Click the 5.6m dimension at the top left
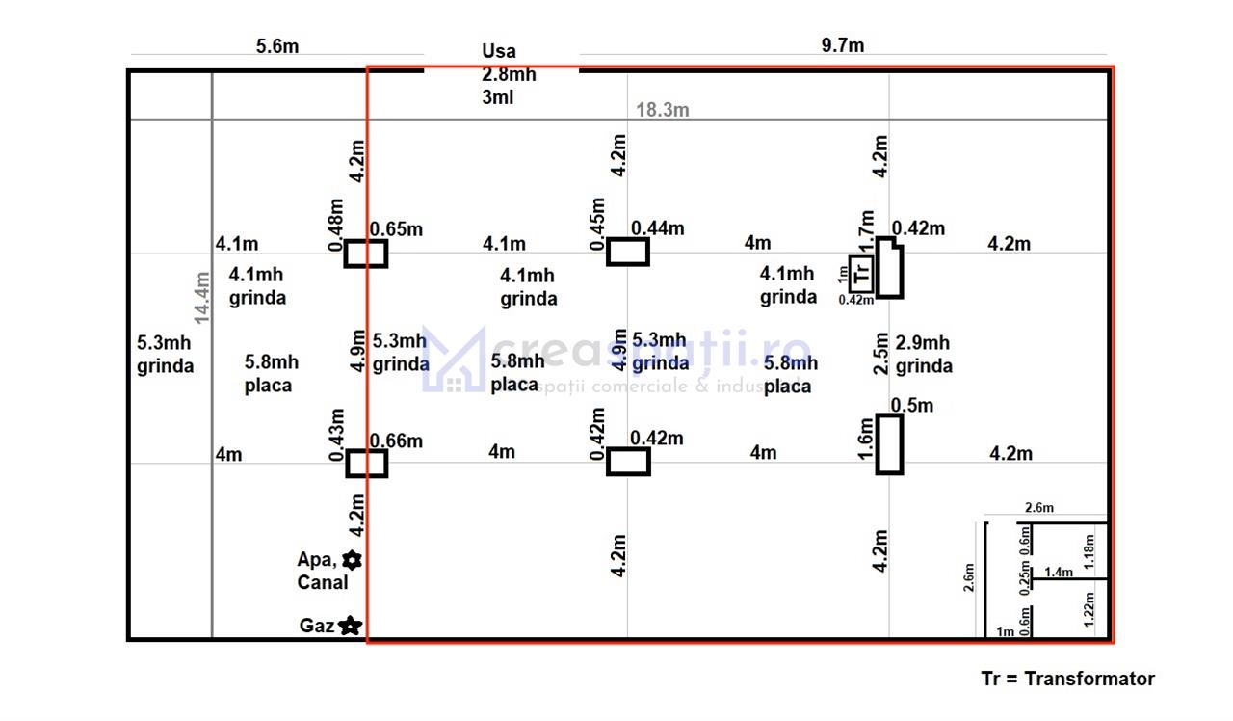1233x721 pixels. (x=276, y=45)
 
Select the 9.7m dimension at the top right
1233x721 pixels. (x=843, y=45)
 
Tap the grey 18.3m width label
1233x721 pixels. (x=662, y=110)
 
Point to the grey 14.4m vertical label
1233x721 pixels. (x=201, y=296)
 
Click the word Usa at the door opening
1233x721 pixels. (x=499, y=51)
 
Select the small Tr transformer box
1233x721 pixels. (x=861, y=274)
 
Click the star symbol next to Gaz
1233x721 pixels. (x=350, y=626)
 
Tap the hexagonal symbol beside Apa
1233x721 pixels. (x=353, y=559)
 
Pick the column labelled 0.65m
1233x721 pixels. (x=366, y=254)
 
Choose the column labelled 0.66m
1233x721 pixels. (x=366, y=464)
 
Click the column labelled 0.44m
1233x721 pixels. (x=627, y=253)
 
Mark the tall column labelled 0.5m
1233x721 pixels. (x=889, y=443)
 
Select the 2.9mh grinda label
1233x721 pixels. (x=923, y=354)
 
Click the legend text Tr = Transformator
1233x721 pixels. (x=1067, y=679)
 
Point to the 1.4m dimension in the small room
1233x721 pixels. (x=1058, y=573)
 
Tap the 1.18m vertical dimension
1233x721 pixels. (x=1089, y=552)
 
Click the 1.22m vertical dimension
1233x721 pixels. (x=1089, y=610)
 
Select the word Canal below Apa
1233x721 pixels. (x=323, y=582)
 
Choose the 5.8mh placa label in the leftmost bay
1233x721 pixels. (x=270, y=373)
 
